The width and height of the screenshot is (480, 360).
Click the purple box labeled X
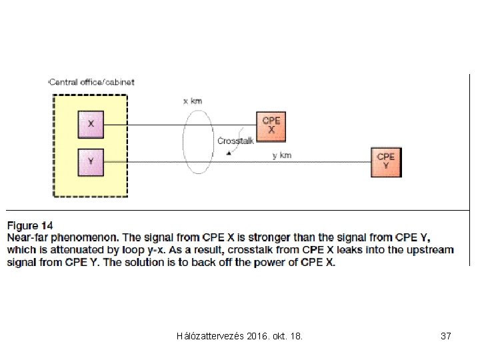pos(91,124)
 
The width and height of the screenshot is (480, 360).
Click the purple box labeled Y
pos(91,161)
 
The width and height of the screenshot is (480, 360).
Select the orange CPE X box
pos(271,126)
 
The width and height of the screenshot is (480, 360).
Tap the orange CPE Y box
pos(386,162)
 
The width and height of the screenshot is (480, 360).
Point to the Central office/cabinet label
pos(92,82)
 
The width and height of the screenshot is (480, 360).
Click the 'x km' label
pos(193,101)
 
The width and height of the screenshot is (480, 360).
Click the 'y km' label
pos(282,155)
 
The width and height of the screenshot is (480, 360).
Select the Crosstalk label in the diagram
pos(235,141)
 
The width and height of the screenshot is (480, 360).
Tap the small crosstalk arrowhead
pos(229,153)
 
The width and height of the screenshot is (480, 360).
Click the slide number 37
pos(446,337)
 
